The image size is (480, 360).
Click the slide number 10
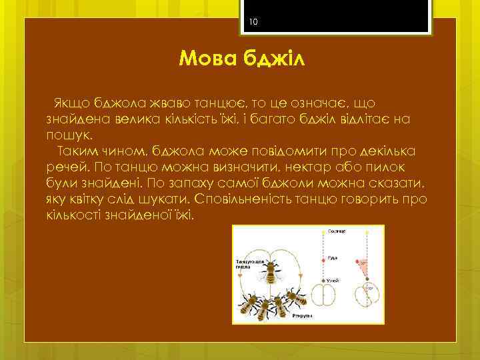tap(253, 22)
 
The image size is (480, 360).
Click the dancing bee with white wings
tap(273, 271)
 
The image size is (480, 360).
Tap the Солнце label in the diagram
tap(335, 231)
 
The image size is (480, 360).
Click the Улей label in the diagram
tap(333, 282)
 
